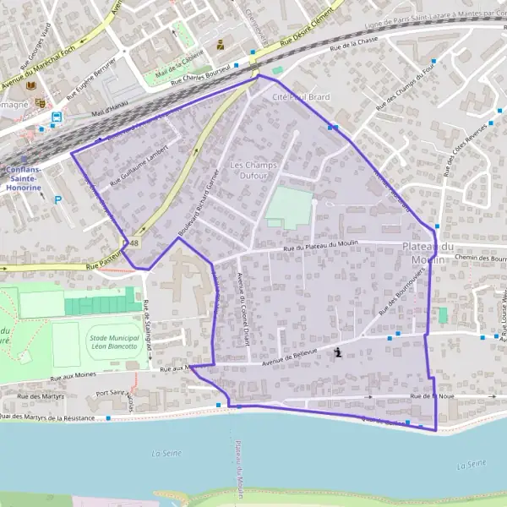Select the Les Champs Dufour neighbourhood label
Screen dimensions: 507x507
pos(249,170)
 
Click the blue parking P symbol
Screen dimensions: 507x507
pos(57,200)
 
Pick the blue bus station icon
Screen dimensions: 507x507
pos(57,117)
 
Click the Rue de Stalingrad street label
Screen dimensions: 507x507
pos(148,322)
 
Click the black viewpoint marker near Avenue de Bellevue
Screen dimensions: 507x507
pos(339,352)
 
